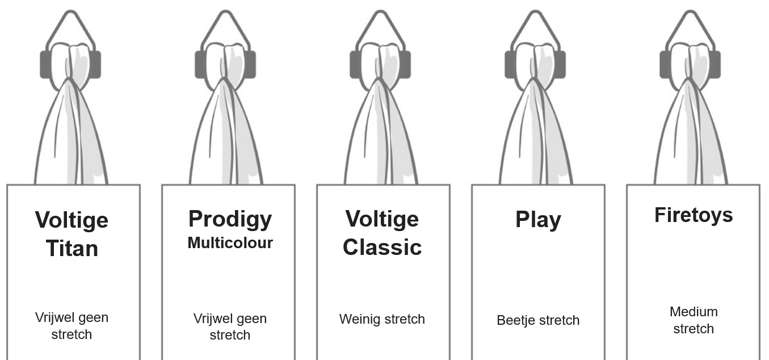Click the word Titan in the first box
[x=72, y=248]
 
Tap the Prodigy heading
[x=230, y=219]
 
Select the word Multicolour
[x=230, y=243]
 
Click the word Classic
[x=382, y=247]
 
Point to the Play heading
[x=538, y=219]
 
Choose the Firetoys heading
[x=694, y=215]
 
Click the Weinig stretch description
[x=382, y=319]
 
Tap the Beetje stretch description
[x=538, y=320]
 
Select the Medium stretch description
[x=694, y=320]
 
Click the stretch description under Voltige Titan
[x=72, y=325]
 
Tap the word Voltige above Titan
[x=72, y=219]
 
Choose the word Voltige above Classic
[x=382, y=219]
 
